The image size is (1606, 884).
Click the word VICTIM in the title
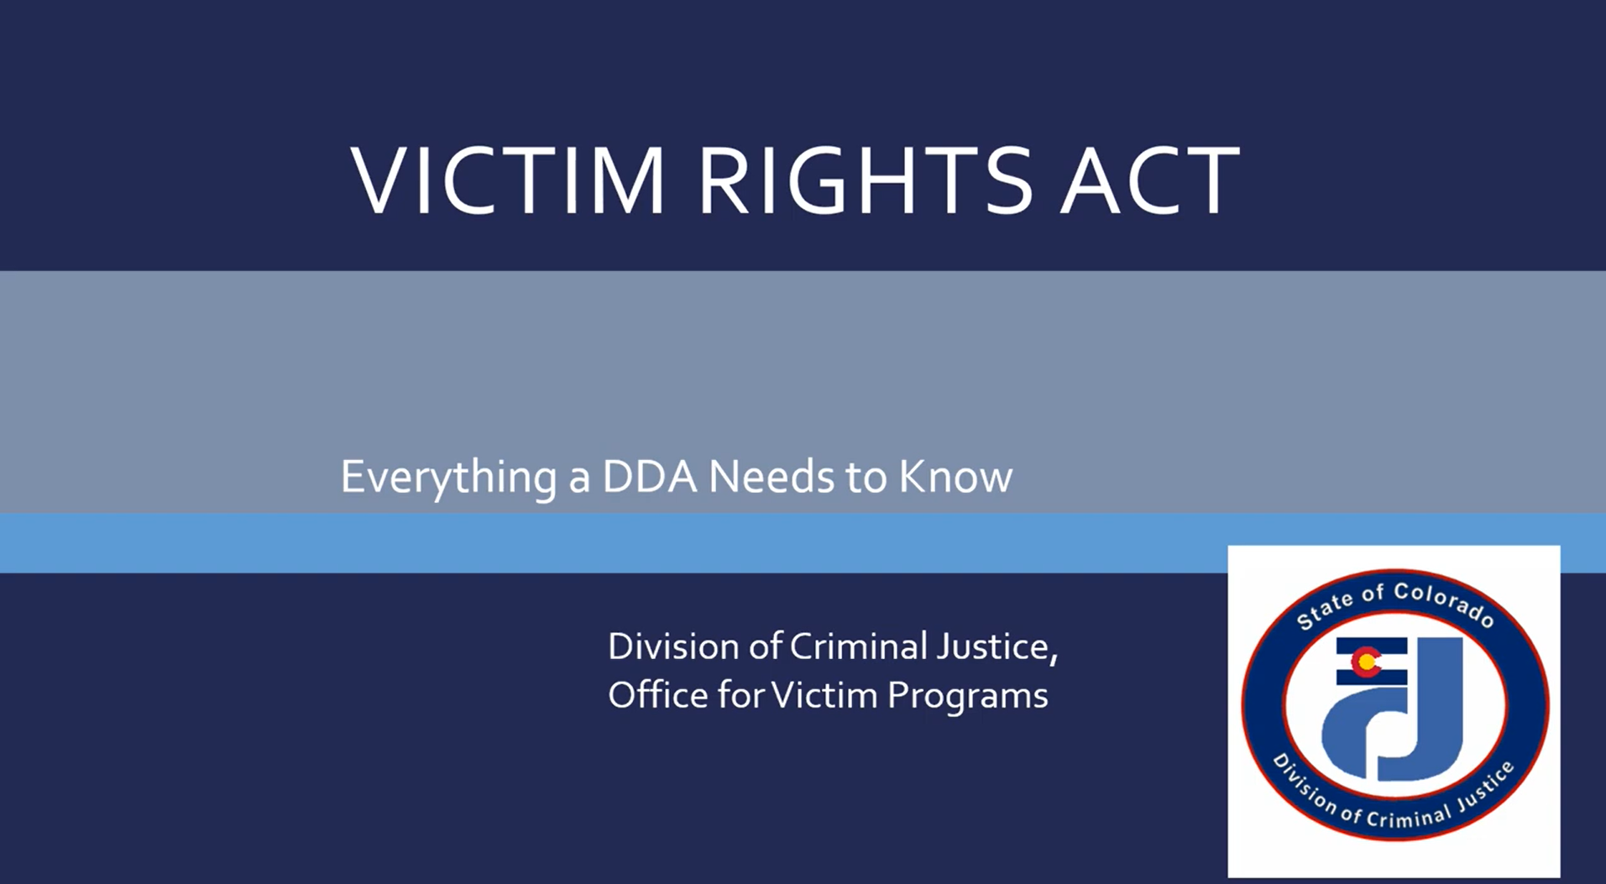(507, 180)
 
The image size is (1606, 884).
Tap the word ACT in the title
(1148, 180)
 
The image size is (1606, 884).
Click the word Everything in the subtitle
(448, 478)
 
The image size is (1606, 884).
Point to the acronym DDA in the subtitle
(649, 477)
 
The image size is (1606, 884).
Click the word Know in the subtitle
(955, 477)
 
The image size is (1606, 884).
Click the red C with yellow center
(1366, 662)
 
